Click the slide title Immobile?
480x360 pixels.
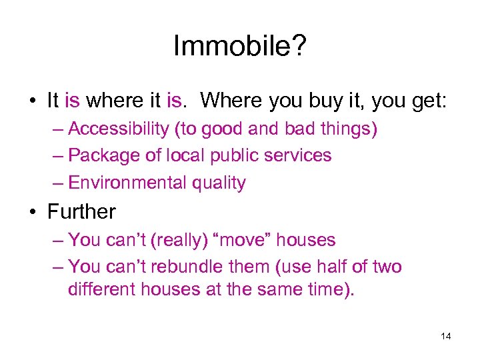coord(239,46)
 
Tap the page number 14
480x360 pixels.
coord(446,336)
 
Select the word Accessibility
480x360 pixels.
coord(114,129)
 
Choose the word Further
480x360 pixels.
coord(81,212)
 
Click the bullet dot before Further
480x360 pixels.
coord(33,212)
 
